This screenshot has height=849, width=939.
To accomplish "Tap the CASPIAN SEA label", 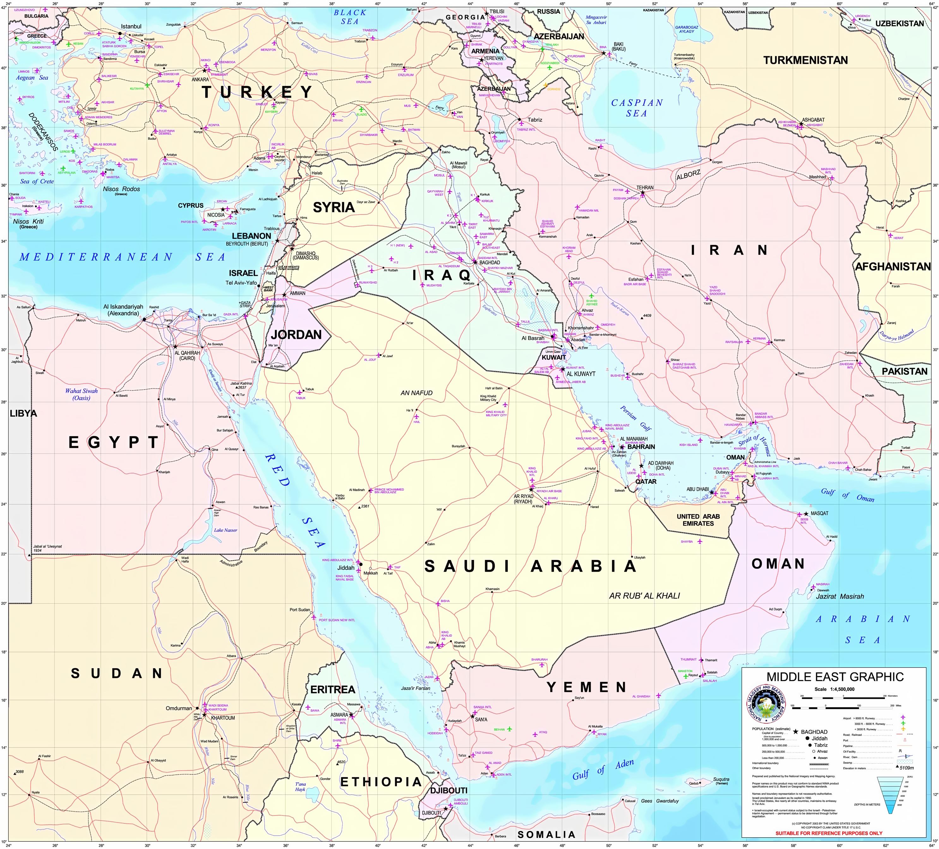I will coord(637,108).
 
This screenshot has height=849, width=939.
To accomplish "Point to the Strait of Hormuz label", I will coord(755,445).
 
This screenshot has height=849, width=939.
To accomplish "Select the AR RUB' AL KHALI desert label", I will coord(644,596).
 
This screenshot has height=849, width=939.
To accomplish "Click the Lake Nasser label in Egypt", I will coord(226,530).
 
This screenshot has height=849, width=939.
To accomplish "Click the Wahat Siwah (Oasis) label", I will coord(81,394).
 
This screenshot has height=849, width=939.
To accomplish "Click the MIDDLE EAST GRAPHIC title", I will coord(835,677).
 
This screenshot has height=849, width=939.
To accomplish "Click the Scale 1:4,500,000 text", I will coord(834,689).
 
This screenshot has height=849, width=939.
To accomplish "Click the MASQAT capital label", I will coord(819,513).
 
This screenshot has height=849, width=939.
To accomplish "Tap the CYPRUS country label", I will coord(190,205).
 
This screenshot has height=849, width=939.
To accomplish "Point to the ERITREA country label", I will coord(333,690).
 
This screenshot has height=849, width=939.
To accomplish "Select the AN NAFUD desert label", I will coord(416,393).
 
